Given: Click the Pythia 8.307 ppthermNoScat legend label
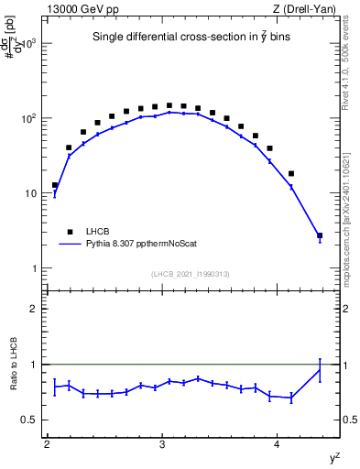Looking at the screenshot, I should point(148,245).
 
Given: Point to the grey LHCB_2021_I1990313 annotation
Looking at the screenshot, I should point(191,274).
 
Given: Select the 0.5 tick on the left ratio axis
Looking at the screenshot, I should point(29,420).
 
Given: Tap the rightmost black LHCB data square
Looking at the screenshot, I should point(320,235).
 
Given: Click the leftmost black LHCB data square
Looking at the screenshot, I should point(55,185).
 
